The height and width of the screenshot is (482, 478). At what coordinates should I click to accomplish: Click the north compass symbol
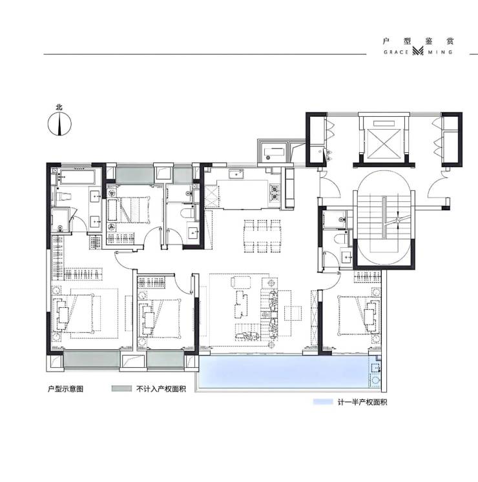point(59,124)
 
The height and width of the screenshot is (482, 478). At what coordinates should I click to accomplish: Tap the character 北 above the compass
point(59,107)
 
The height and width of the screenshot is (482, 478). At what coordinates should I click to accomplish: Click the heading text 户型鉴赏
point(419,41)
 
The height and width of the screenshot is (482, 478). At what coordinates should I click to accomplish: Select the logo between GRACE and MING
point(419,51)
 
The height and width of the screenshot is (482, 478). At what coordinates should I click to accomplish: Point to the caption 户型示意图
point(65,389)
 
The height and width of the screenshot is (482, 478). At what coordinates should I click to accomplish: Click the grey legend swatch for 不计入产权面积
point(121,388)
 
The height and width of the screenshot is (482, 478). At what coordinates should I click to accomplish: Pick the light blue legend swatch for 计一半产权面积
point(323,402)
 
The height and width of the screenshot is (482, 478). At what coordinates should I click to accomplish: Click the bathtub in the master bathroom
point(77,177)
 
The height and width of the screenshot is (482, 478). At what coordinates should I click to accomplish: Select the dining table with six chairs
point(262,236)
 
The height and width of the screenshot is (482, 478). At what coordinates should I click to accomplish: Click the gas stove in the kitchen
point(275,192)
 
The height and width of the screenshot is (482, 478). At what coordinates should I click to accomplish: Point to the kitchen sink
point(236,174)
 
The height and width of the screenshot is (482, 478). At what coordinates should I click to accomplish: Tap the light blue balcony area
point(283,371)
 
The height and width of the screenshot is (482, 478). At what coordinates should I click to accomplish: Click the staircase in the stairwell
point(384,218)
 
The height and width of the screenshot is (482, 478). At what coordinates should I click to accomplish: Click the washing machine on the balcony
point(375,380)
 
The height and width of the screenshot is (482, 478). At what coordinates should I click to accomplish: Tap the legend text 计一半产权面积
point(362,402)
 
